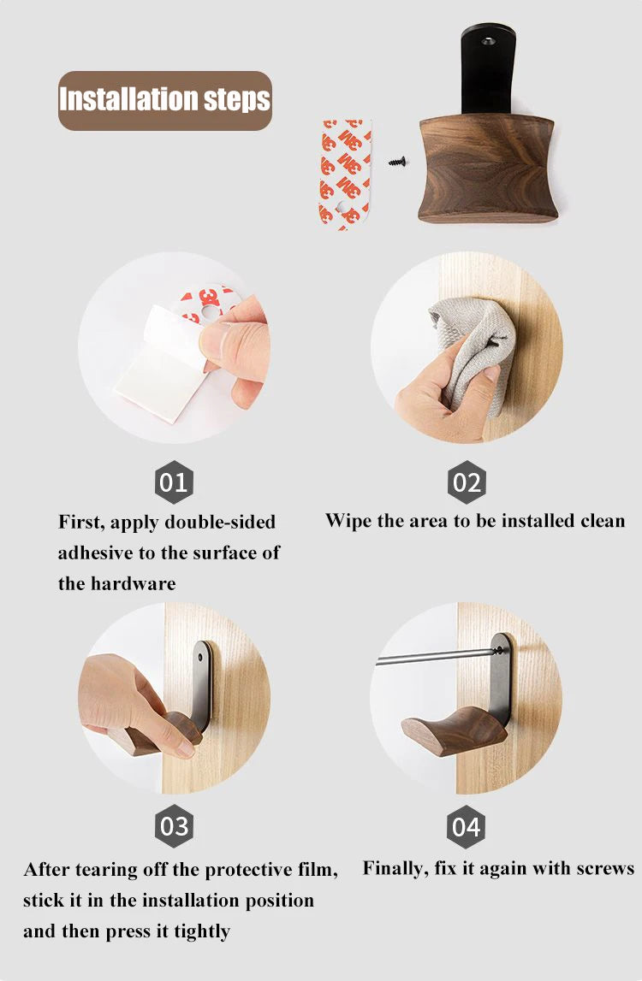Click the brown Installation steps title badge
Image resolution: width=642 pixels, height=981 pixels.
pos(165,101)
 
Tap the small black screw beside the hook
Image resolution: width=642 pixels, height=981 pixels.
pos(397,162)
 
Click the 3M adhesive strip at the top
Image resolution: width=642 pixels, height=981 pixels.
pos(345,174)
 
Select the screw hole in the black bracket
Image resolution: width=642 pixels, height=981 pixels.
pos(489,41)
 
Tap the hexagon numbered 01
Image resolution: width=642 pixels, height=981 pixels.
pos(174,482)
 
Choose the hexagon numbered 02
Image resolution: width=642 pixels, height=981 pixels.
pos(467,482)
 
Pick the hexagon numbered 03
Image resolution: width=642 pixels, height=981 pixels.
pos(174,826)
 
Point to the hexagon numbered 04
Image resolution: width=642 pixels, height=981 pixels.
pos(467,826)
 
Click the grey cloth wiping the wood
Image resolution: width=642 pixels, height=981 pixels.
pos(473,351)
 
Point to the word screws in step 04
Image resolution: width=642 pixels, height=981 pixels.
pos(605,868)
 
